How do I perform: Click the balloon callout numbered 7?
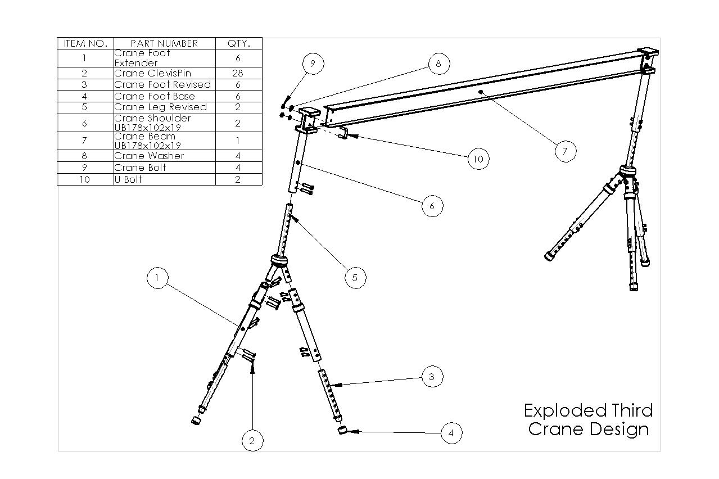pyautogui.click(x=565, y=151)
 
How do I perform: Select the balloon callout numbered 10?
pyautogui.click(x=478, y=159)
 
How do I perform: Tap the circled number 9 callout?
pyautogui.click(x=313, y=64)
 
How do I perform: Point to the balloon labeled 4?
pyautogui.click(x=451, y=433)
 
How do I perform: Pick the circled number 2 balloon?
pyautogui.click(x=252, y=441)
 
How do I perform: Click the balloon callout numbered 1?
pyautogui.click(x=157, y=278)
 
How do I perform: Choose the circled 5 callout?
pyautogui.click(x=355, y=277)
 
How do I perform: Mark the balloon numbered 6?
pyautogui.click(x=432, y=206)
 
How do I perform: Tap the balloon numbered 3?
pyautogui.click(x=432, y=377)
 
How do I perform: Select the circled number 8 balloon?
pyautogui.click(x=438, y=64)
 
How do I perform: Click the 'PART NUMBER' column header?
pyautogui.click(x=164, y=43)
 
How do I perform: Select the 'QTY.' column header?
pyautogui.click(x=238, y=43)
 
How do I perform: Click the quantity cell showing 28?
pyautogui.click(x=238, y=73)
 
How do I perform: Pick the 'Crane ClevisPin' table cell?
pyautogui.click(x=164, y=73)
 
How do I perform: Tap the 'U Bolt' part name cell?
pyautogui.click(x=164, y=179)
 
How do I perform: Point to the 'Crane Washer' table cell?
pyautogui.click(x=164, y=156)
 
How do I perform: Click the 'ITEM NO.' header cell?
pyautogui.click(x=85, y=43)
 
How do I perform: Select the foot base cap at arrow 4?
pyautogui.click(x=341, y=430)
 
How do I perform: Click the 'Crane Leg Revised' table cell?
pyautogui.click(x=164, y=107)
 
